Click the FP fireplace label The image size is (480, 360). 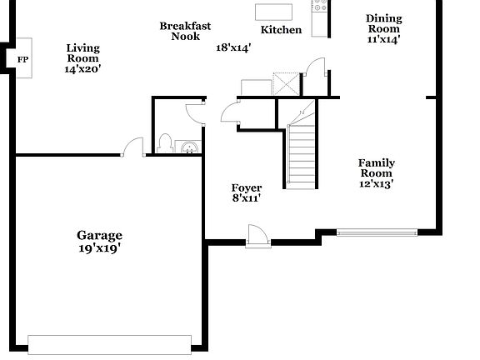tap(22, 59)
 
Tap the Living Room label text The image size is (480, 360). tap(82, 53)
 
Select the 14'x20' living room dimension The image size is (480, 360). tap(82, 70)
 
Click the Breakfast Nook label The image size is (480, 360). tap(185, 31)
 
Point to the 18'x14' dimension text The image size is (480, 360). tap(233, 47)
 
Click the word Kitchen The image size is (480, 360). tap(281, 30)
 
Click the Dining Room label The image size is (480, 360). tap(383, 23)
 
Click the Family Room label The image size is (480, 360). tap(377, 168)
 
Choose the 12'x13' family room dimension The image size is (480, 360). tap(377, 184)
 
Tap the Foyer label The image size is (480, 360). tap(247, 187)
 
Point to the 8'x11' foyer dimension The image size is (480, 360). tap(247, 199)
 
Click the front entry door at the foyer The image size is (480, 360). tap(257, 236)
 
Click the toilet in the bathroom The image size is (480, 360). tap(165, 144)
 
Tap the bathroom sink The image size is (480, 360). tap(191, 148)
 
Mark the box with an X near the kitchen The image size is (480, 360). tap(287, 83)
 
